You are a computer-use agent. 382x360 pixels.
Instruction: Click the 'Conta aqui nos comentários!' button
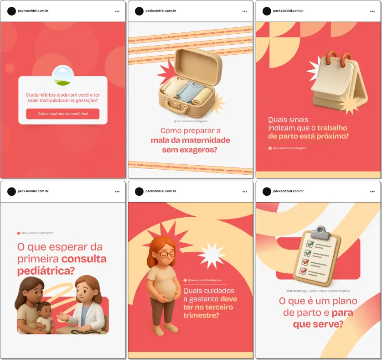point(62,114)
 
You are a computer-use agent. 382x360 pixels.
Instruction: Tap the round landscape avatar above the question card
point(63,75)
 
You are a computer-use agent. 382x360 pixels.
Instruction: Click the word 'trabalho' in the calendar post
point(332,128)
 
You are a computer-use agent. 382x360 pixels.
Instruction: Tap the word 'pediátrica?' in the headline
point(46,271)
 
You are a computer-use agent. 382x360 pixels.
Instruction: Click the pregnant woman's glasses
point(168,254)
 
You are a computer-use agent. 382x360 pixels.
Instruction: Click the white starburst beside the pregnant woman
point(212,255)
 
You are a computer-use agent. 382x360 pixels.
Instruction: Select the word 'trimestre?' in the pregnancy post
point(201,315)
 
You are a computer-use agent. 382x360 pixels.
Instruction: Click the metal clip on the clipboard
point(322,230)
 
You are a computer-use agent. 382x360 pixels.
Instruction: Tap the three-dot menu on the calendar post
point(372,11)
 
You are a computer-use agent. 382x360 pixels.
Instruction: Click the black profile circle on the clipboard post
point(267,191)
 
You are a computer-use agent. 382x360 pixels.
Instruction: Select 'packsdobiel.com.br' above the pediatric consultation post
point(33,191)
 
